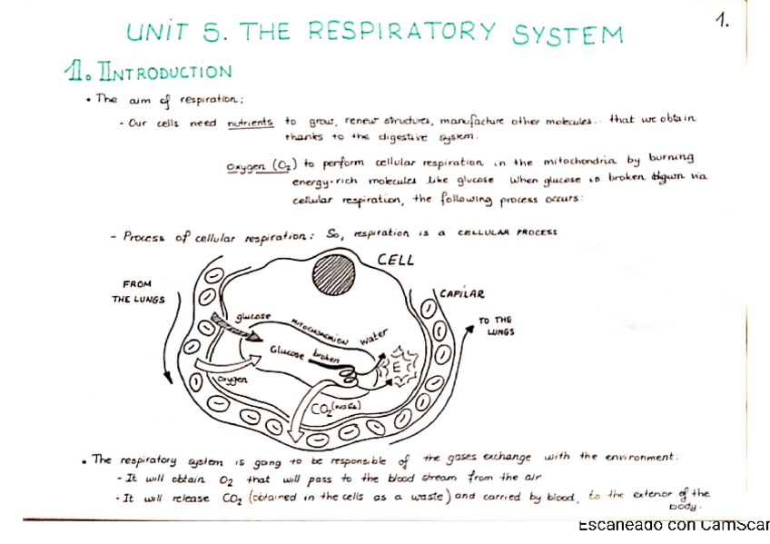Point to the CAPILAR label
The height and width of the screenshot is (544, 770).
point(462,293)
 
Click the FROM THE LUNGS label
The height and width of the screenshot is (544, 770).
point(138,292)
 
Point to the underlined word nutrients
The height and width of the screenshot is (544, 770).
point(250,121)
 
